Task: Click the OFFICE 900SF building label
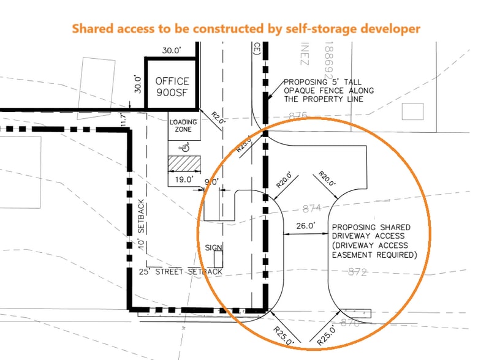[x=172, y=86]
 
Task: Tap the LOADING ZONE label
[x=183, y=126]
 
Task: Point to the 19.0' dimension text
[x=183, y=179]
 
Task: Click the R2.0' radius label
[x=219, y=114]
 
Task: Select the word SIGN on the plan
[x=214, y=247]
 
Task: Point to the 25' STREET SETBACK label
[x=180, y=271]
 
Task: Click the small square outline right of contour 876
[x=412, y=111]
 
